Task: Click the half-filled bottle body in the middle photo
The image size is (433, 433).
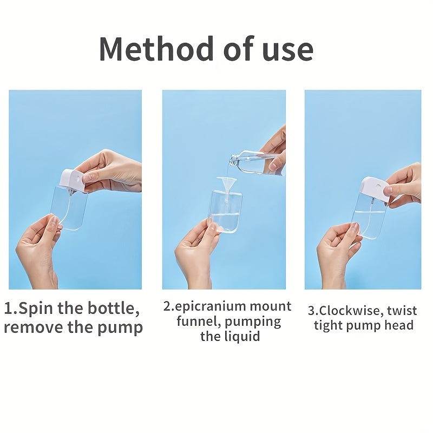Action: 227,211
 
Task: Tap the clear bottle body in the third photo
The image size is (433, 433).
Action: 369,216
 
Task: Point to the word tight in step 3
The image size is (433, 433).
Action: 328,325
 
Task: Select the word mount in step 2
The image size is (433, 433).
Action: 270,306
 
